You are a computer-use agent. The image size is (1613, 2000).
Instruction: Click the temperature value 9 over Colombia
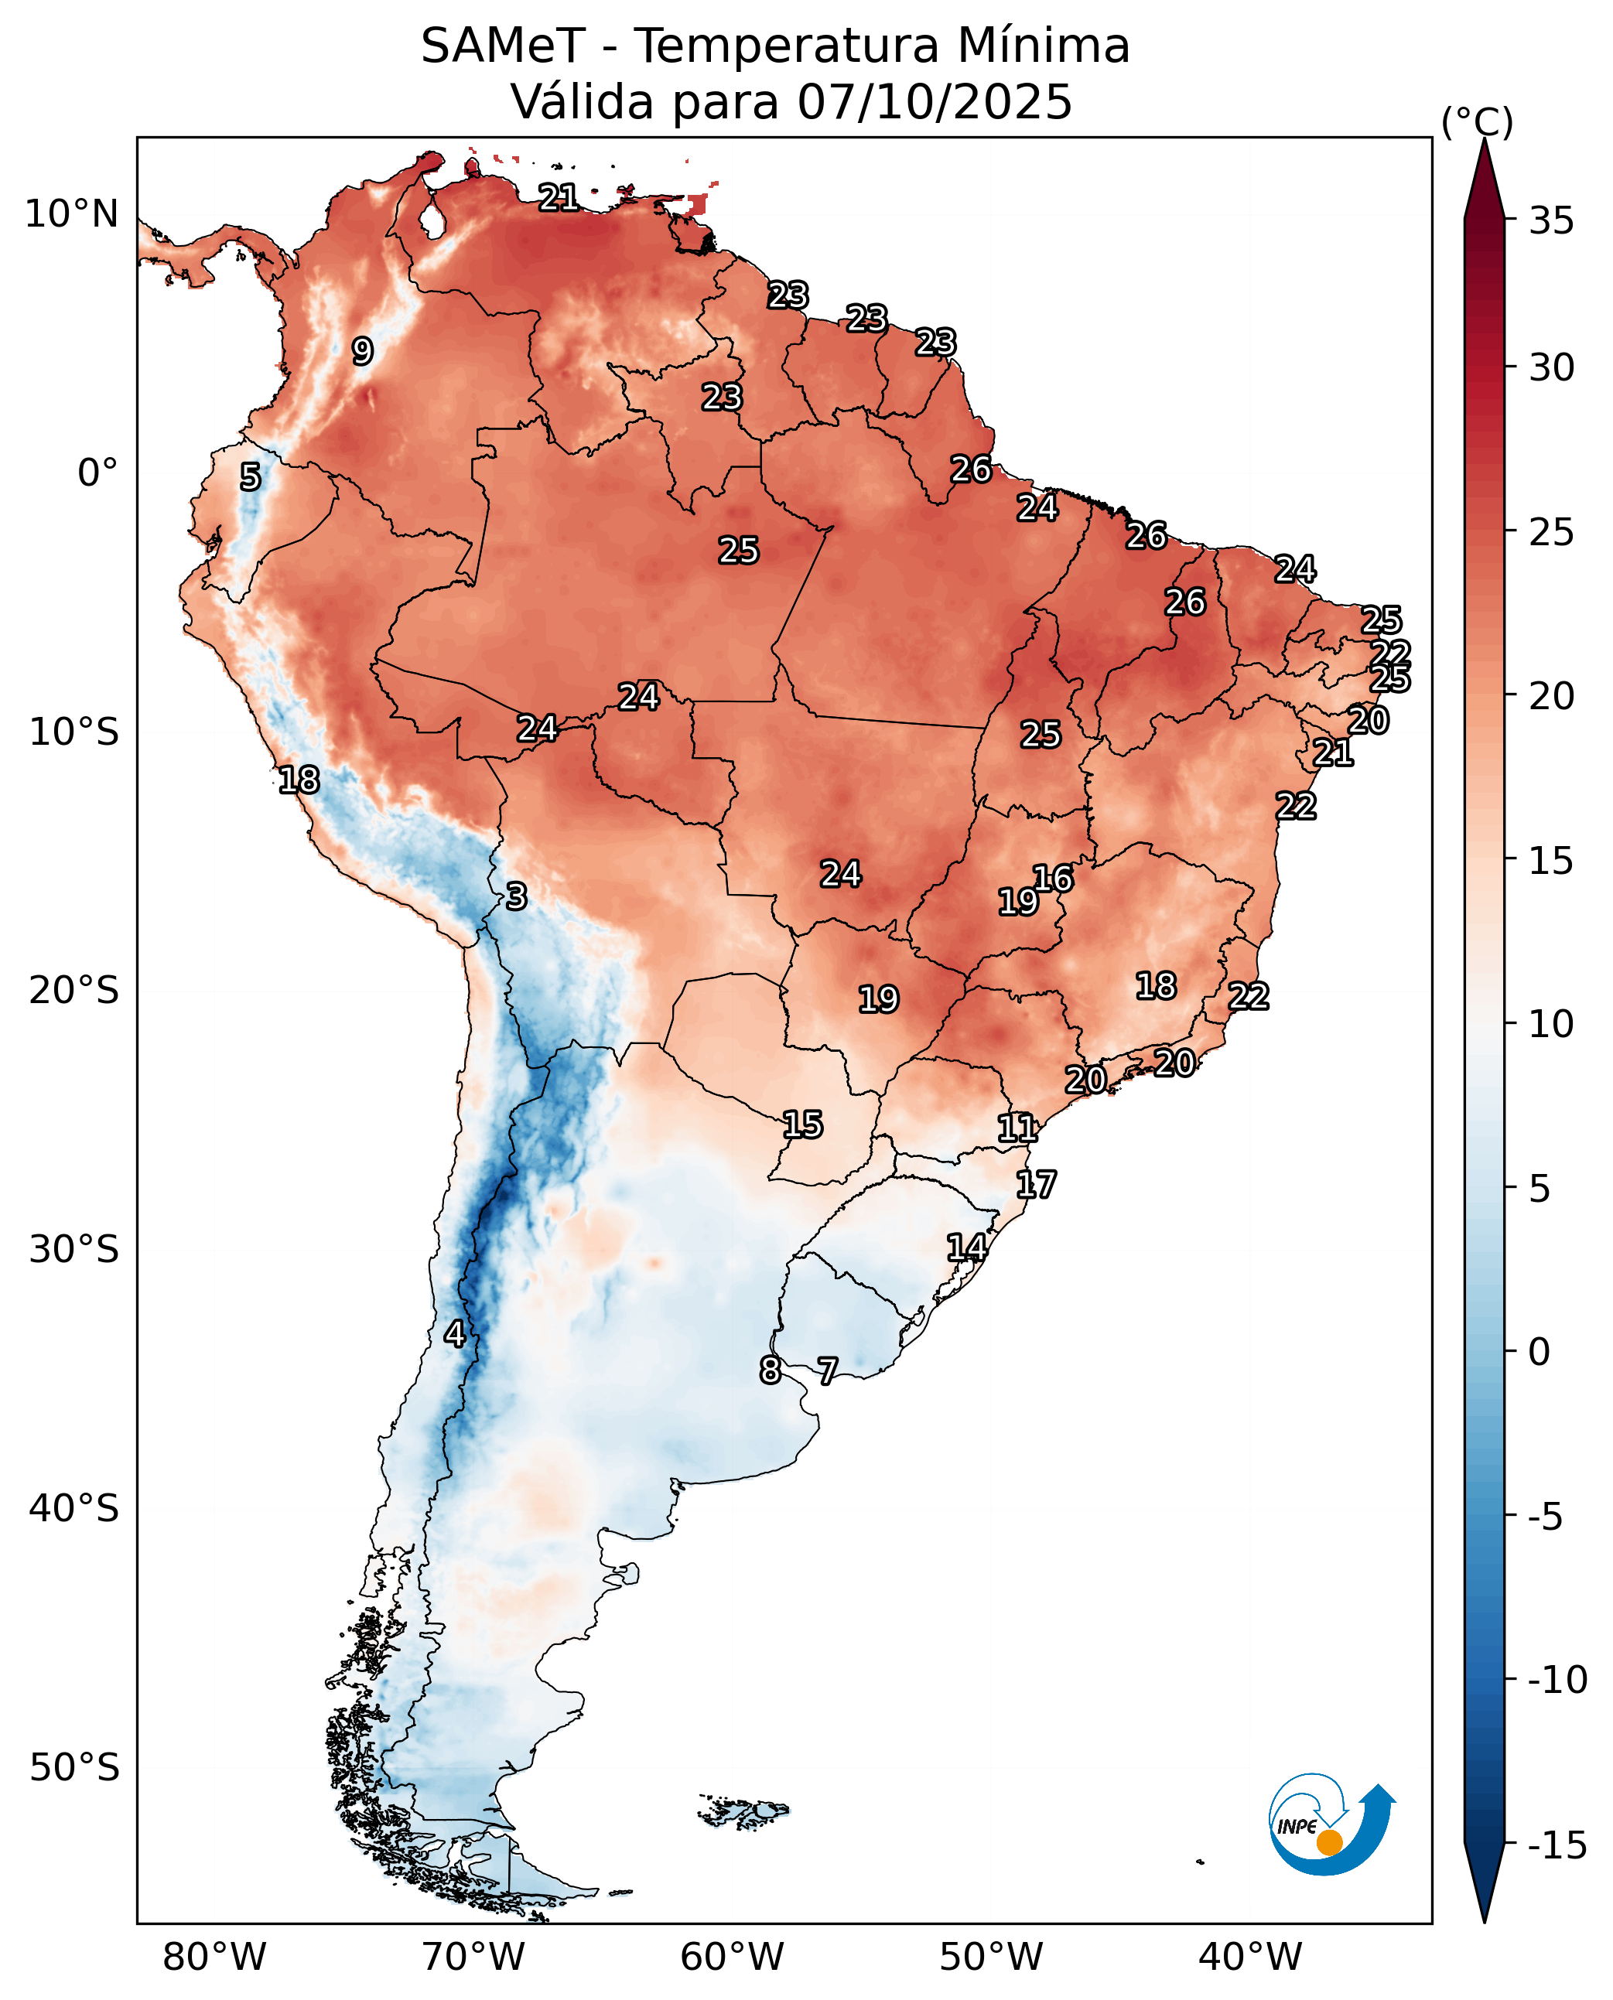[362, 351]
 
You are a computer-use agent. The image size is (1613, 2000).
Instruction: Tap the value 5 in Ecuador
[250, 476]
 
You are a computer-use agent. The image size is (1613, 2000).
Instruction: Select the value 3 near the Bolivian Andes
[517, 896]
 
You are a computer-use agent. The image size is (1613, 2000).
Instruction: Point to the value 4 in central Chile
[454, 1334]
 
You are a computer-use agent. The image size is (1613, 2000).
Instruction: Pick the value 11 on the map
[1017, 1128]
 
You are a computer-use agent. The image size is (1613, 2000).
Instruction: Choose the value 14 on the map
[966, 1247]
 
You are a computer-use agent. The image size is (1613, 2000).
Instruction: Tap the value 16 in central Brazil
[1053, 878]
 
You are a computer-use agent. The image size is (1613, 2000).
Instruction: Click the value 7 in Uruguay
[827, 1370]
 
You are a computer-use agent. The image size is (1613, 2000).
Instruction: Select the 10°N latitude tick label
[71, 214]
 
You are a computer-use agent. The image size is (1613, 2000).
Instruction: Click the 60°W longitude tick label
[732, 1957]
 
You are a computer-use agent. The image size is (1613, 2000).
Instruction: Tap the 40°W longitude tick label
[1249, 1957]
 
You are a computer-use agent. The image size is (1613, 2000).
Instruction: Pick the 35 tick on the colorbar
[1552, 221]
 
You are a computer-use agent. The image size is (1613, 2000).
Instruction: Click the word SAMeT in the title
[503, 46]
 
